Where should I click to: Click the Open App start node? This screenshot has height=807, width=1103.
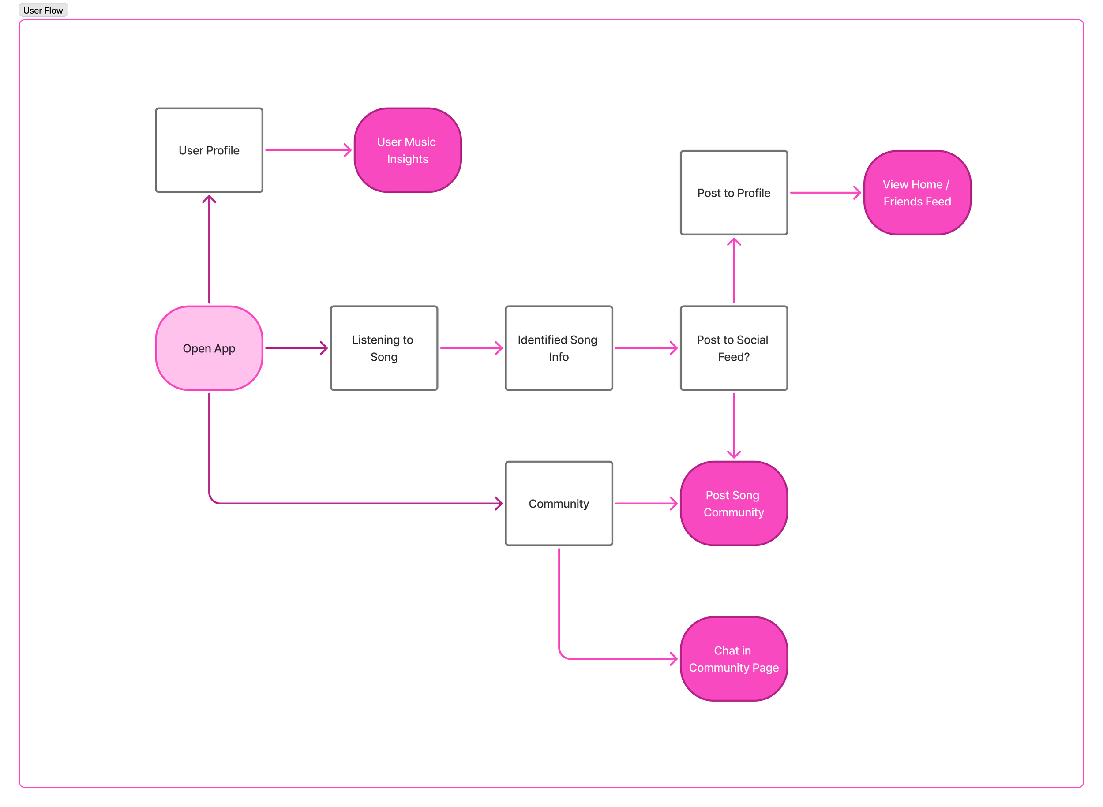click(209, 348)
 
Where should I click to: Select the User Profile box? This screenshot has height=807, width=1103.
click(209, 150)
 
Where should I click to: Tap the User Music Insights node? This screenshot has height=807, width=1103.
click(407, 150)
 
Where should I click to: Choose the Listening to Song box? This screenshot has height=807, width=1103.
click(384, 348)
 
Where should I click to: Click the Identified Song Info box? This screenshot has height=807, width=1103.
click(559, 348)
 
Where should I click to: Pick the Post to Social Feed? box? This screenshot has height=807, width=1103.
click(734, 348)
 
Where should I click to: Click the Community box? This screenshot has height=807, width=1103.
click(559, 503)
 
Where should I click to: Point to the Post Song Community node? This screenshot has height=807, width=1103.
click(734, 503)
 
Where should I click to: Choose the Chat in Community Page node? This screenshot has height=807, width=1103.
click(734, 658)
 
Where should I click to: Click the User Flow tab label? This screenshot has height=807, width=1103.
click(43, 10)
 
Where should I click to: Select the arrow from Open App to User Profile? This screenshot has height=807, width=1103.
click(209, 249)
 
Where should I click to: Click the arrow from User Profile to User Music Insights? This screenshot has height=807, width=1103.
click(308, 150)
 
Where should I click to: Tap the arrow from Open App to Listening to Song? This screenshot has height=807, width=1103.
click(296, 348)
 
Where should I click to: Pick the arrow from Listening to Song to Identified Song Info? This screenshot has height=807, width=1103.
click(471, 348)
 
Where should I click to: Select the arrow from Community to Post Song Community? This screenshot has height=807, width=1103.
click(645, 503)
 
